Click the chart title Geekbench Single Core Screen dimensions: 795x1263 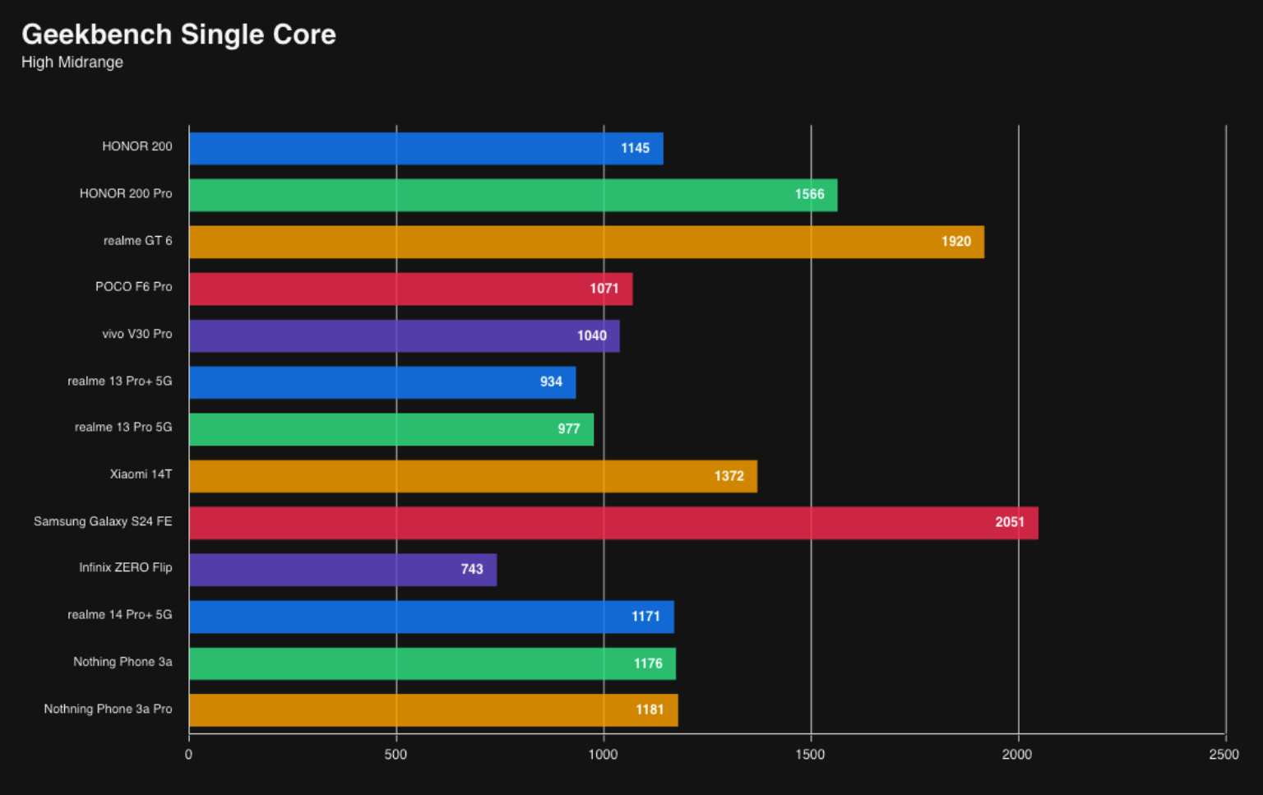point(178,35)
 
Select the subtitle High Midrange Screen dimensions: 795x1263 point(72,62)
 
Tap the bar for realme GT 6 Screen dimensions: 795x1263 point(586,242)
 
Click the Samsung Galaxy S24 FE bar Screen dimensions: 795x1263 point(613,523)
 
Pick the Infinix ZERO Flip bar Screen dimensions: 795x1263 point(343,570)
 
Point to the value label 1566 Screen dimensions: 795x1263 point(809,194)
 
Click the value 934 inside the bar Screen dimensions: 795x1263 point(551,381)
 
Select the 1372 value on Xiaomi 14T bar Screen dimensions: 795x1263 point(729,476)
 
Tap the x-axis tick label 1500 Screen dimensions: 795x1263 point(810,755)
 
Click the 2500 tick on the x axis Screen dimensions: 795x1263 point(1224,755)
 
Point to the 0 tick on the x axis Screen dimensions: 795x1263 point(189,755)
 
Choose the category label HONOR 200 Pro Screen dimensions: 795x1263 point(126,193)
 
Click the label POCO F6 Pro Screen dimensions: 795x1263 point(134,287)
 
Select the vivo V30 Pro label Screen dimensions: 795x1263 point(137,334)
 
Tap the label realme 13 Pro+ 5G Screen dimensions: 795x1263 point(120,381)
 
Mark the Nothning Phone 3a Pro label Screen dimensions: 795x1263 point(108,709)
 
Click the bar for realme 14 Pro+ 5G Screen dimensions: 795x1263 point(432,617)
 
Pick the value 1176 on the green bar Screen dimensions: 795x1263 point(648,663)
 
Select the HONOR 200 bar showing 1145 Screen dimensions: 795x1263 point(426,148)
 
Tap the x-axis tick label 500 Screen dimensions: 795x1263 point(396,755)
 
